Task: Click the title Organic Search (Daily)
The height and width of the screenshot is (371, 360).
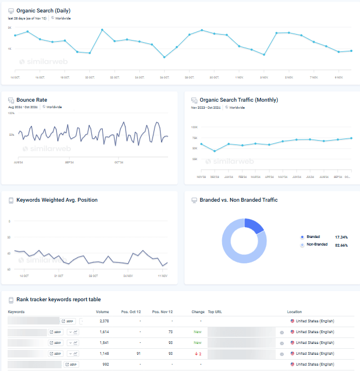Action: (x=43, y=10)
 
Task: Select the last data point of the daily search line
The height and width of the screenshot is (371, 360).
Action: (x=351, y=51)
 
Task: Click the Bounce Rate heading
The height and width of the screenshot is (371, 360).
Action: (x=31, y=100)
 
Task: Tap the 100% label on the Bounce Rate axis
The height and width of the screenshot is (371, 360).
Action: (x=11, y=114)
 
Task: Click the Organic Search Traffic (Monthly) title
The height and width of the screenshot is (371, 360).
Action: (x=238, y=100)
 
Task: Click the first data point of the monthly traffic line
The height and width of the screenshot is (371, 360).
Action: (x=201, y=144)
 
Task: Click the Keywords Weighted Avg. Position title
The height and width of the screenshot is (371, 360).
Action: (x=57, y=200)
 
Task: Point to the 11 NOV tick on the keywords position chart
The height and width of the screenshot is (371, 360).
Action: (x=162, y=276)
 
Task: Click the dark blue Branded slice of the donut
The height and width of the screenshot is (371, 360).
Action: (x=254, y=226)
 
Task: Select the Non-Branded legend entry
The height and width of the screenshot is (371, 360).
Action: (x=317, y=244)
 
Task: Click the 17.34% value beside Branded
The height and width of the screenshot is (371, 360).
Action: (x=341, y=237)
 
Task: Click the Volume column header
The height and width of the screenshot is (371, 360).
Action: (x=102, y=312)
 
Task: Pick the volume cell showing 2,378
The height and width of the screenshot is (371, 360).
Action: (x=104, y=321)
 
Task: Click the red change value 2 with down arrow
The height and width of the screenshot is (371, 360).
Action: (x=198, y=354)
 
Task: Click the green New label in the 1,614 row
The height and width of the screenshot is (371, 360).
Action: (x=197, y=332)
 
